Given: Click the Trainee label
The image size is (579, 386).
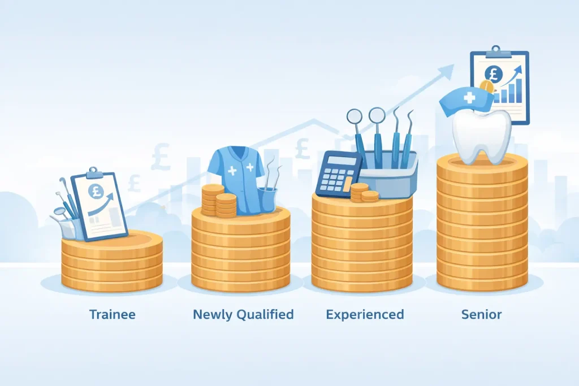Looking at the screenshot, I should (x=113, y=314).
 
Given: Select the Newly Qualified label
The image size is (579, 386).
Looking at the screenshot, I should (x=243, y=314).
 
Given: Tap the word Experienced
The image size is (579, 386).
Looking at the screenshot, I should (x=365, y=314).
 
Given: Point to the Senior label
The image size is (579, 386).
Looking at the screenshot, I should (x=481, y=314).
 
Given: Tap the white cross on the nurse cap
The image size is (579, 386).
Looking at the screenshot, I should (x=469, y=98).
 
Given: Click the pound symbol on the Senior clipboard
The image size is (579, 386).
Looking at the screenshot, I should (x=493, y=74).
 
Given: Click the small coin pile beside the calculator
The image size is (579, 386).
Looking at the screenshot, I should (x=364, y=193).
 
